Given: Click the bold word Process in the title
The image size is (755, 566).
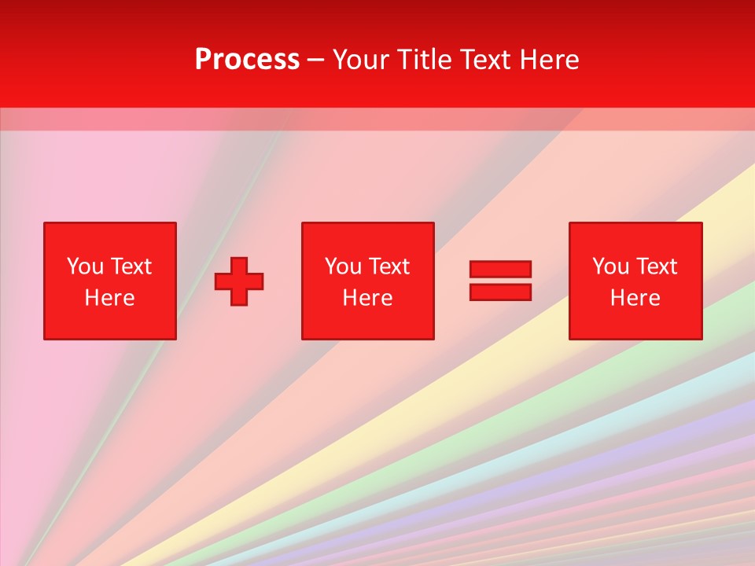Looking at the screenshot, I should [x=247, y=60].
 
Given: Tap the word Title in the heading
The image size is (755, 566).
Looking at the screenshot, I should [x=423, y=60].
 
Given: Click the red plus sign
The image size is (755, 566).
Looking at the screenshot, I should [x=239, y=281].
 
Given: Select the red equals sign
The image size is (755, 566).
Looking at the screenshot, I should [x=500, y=281].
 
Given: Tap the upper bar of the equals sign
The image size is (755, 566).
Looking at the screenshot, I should [x=500, y=270].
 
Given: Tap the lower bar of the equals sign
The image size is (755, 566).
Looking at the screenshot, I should [x=500, y=292].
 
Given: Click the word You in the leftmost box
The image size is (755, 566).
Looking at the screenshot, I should [x=85, y=266].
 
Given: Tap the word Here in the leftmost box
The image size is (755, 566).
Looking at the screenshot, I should [x=109, y=298].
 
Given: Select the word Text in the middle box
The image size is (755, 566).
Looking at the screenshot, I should [x=389, y=266].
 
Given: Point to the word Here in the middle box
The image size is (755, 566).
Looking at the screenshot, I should [x=367, y=298].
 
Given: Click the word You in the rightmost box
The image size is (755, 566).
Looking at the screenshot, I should [x=610, y=266].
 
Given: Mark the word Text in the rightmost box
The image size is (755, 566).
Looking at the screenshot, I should [x=657, y=266].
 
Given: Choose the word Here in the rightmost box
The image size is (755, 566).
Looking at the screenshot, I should [x=635, y=298].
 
